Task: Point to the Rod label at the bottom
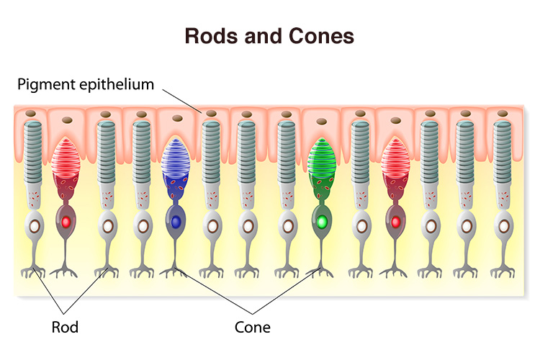[66, 327]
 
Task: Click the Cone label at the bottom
[252, 327]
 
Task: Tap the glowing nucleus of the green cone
[321, 221]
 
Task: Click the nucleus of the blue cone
[174, 221]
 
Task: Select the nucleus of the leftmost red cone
[67, 221]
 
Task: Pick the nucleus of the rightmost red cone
[394, 221]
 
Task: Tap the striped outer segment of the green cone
[321, 158]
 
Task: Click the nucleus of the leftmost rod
[34, 225]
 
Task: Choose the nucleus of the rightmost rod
[503, 225]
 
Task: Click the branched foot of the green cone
[320, 269]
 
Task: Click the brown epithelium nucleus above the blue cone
[174, 122]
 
